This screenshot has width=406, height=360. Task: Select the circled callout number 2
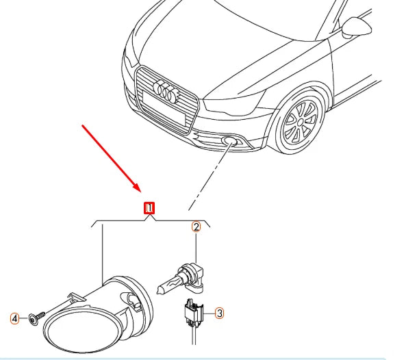pyautogui.click(x=195, y=227)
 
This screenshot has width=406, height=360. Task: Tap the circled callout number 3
pyautogui.click(x=219, y=313)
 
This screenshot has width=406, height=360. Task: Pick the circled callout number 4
pyautogui.click(x=14, y=318)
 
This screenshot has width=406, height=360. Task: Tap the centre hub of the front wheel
pyautogui.click(x=300, y=123)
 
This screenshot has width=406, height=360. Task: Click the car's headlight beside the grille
pyautogui.click(x=233, y=109)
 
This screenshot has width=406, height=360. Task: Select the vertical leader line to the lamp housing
pyautogui.click(x=102, y=253)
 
